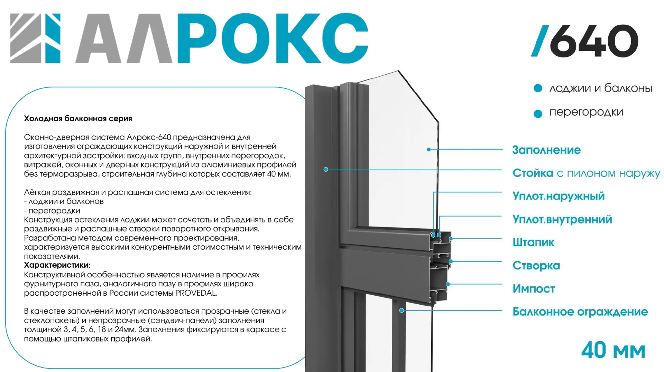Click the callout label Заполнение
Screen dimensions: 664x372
(546, 150)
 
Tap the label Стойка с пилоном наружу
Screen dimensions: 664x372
(586, 173)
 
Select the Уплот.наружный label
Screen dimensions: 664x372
(559, 196)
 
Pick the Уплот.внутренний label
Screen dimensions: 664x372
(562, 219)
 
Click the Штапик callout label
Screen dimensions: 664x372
(533, 242)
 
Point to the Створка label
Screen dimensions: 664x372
(536, 265)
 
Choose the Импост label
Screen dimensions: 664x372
(534, 288)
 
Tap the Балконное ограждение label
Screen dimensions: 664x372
(580, 312)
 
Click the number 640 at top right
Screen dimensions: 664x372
(594, 41)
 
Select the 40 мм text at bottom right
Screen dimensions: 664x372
(613, 350)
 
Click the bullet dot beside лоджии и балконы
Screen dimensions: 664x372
(538, 88)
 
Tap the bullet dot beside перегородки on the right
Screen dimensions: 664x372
(538, 114)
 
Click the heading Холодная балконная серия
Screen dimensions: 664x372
(78, 118)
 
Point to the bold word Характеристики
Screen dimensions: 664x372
(57, 265)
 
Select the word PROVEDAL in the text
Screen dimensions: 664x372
(196, 293)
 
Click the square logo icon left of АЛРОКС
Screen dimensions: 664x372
(35, 38)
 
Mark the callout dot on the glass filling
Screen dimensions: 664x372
(429, 150)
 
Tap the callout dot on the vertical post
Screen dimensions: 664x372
(326, 169)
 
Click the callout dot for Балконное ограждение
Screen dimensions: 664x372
(402, 310)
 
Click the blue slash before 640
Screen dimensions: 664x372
(540, 41)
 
